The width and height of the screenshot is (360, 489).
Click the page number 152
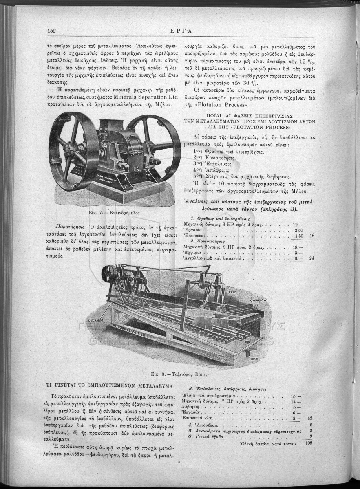pyautogui.click(x=52, y=31)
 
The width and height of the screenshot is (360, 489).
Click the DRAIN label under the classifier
pyautogui.click(x=255, y=359)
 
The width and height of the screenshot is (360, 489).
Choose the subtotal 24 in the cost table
pyautogui.click(x=312, y=258)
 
